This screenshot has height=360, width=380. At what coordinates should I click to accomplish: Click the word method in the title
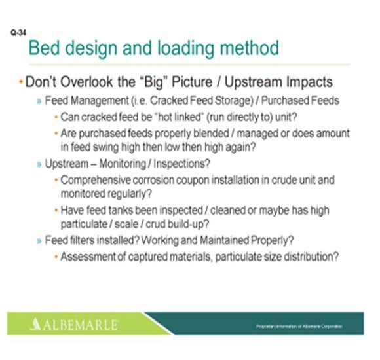point(248,48)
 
